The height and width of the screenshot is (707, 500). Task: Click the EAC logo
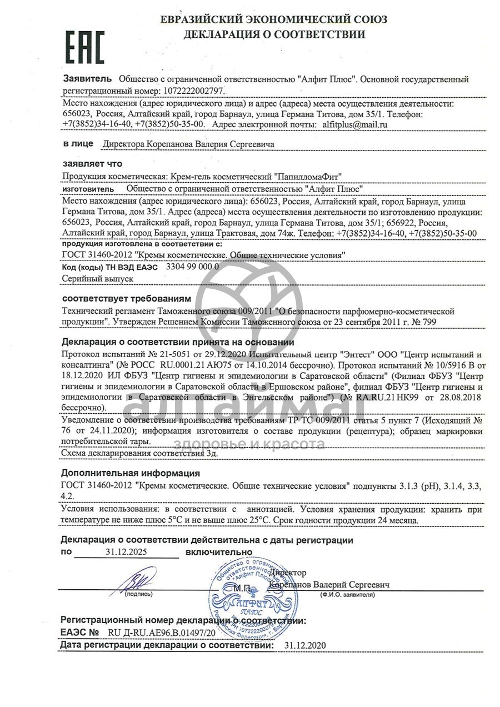click(85, 46)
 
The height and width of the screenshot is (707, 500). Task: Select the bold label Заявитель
click(87, 79)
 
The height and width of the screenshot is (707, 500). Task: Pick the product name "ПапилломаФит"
click(309, 177)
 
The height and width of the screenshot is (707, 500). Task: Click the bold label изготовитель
click(88, 188)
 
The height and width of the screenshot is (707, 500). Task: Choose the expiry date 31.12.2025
click(127, 552)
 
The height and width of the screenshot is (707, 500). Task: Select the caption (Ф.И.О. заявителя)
click(345, 595)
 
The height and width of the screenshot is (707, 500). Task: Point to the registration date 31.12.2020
click(305, 645)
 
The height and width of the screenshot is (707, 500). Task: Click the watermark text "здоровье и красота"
click(249, 444)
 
